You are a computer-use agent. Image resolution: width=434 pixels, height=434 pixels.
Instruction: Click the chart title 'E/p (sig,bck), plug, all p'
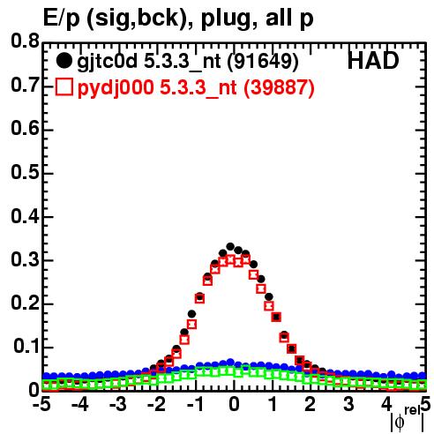[178, 19]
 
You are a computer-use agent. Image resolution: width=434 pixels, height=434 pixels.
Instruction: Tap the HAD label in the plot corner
[373, 61]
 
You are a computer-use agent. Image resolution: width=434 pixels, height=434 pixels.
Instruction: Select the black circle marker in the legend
[64, 61]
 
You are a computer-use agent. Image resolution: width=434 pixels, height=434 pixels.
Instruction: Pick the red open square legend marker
[64, 87]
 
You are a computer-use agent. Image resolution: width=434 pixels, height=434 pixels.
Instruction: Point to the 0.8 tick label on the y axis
[26, 41]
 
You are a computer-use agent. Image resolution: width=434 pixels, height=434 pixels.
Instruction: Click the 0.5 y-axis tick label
[26, 173]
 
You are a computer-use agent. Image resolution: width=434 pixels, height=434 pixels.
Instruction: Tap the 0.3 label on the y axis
[26, 259]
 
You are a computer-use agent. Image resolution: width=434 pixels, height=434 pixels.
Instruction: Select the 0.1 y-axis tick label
[26, 347]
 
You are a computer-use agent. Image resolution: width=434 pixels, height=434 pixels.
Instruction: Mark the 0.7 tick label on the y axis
[26, 86]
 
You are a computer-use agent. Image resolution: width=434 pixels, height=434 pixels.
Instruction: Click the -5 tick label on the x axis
[42, 404]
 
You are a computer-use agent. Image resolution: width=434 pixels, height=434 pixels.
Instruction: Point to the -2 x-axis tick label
[156, 404]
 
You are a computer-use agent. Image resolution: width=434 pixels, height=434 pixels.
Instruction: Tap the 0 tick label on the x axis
[234, 404]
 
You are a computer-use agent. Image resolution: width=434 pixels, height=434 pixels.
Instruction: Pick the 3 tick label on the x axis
[348, 404]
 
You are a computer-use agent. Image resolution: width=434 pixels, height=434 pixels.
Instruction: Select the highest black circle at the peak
[230, 246]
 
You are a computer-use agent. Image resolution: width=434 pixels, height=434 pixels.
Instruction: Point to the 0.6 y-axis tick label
[26, 129]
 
